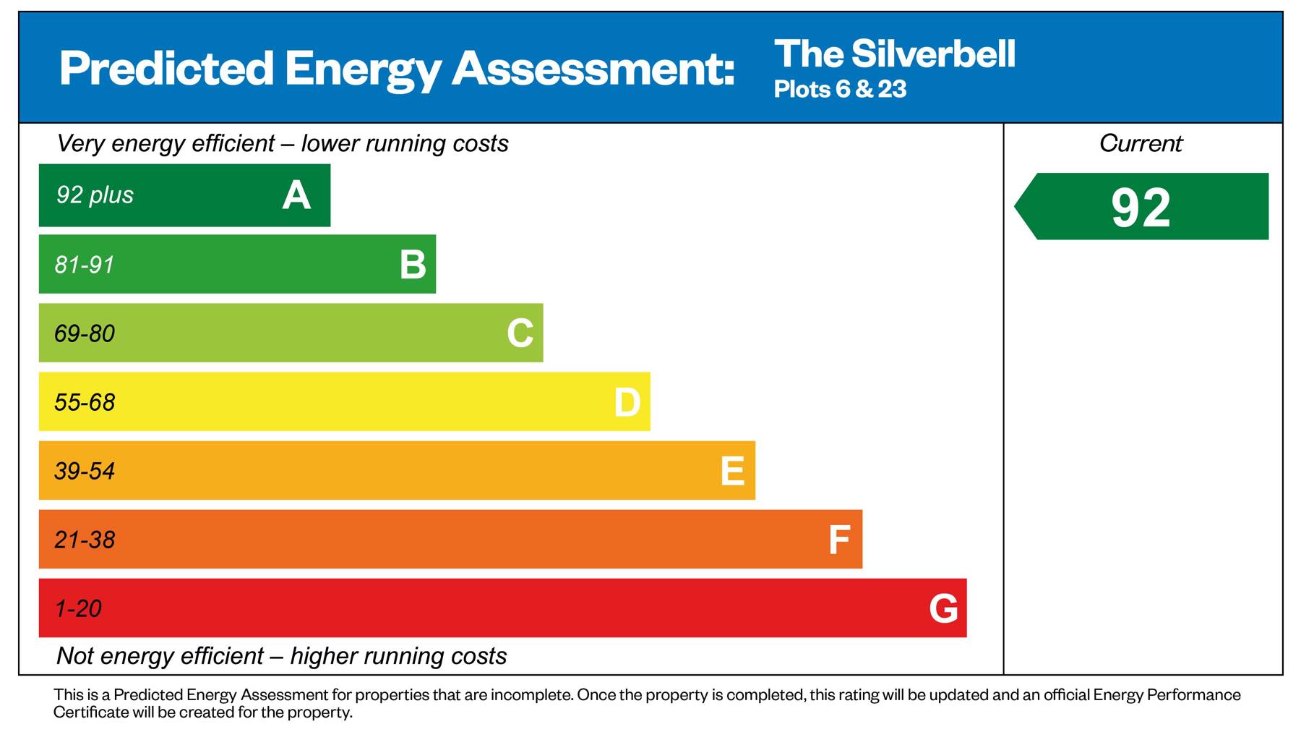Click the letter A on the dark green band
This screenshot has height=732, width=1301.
coord(296,195)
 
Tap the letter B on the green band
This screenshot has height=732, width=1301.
coord(413,265)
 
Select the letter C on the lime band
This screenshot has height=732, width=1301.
coord(520,333)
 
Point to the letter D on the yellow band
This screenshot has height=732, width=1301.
coord(627,402)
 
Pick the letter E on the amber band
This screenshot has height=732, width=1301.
coord(732,471)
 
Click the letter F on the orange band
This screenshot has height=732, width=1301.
coord(838,540)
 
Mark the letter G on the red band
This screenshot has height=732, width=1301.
coord(943,608)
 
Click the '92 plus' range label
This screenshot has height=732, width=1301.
coord(95,195)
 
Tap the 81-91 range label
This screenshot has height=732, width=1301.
coord(85,265)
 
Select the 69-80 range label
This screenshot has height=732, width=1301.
coord(85,333)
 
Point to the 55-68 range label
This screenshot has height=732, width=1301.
coord(85,402)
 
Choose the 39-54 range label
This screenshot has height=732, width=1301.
coord(85,471)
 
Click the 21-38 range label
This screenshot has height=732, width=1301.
coord(85,540)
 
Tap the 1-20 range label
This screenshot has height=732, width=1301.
coord(78,608)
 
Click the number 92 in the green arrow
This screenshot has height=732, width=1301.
coord(1141,208)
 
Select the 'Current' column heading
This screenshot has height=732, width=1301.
coord(1141,143)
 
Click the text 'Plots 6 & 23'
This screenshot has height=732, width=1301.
coord(840,89)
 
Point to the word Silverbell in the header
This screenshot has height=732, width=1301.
coord(933,54)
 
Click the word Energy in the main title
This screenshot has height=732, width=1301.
coord(362,69)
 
